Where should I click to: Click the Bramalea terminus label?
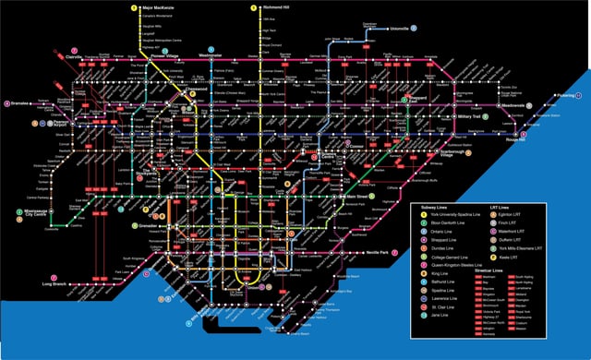pyautogui.click(x=20, y=103)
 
